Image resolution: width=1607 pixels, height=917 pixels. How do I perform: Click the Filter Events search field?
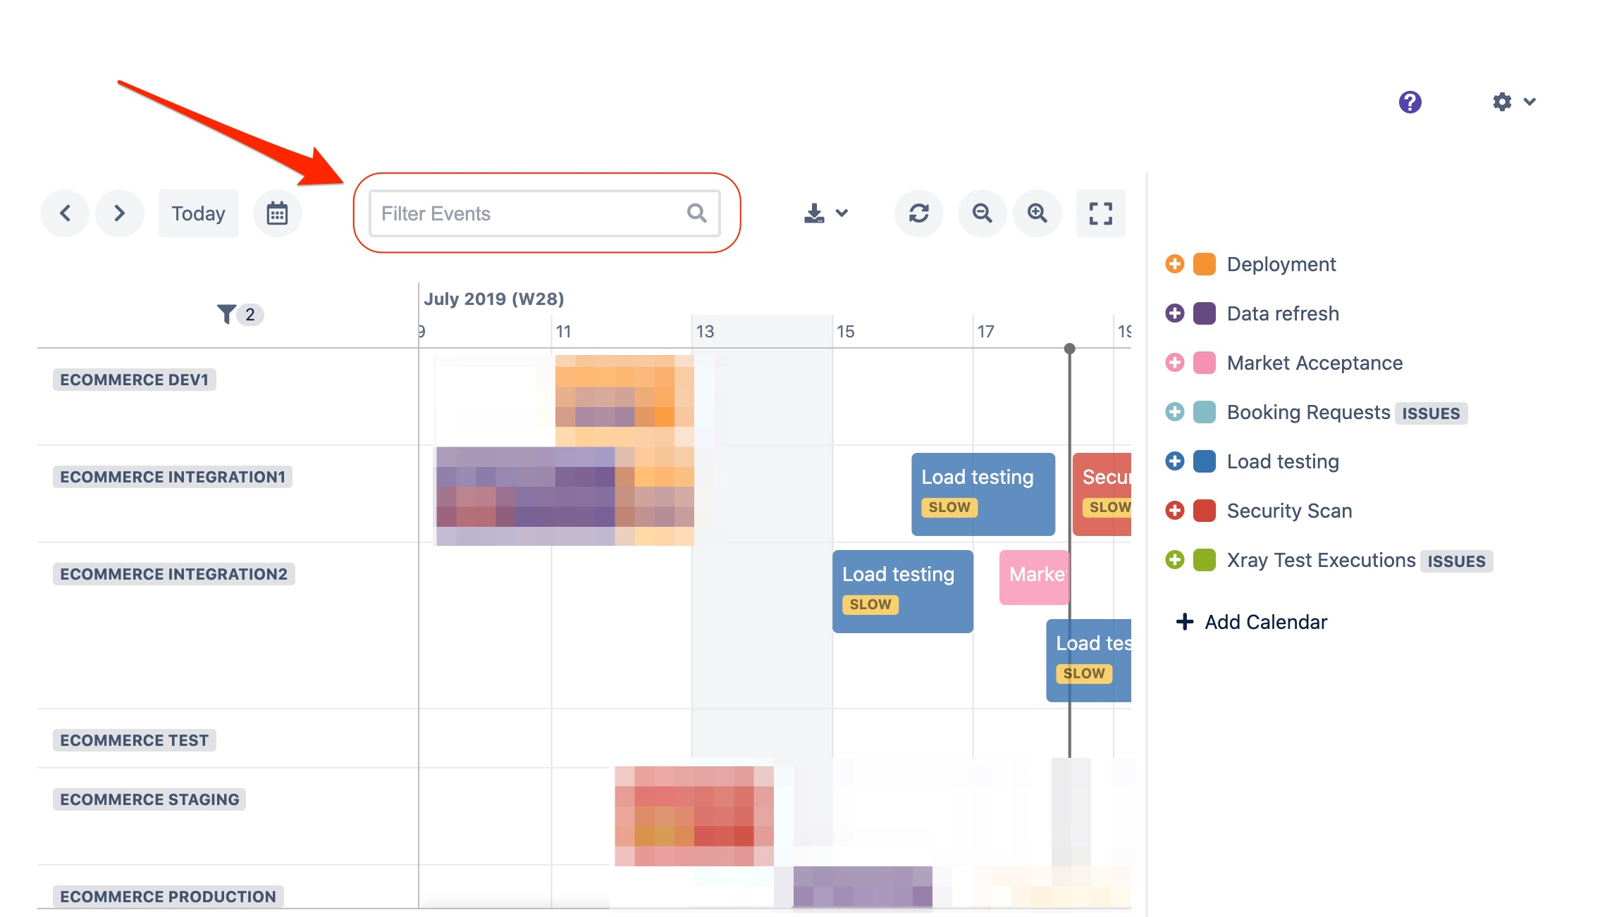pyautogui.click(x=532, y=213)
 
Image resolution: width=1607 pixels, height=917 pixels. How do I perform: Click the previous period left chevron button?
pyautogui.click(x=65, y=213)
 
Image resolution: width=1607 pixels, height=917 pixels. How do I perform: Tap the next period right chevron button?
pyautogui.click(x=120, y=213)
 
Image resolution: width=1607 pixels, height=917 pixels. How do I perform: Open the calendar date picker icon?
pyautogui.click(x=277, y=213)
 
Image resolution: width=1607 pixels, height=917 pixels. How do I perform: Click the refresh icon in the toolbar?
pyautogui.click(x=918, y=213)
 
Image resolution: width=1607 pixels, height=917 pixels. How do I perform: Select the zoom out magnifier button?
pyautogui.click(x=982, y=213)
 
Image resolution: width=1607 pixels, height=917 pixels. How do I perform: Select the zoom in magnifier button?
pyautogui.click(x=1037, y=213)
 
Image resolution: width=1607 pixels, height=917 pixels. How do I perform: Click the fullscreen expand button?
pyautogui.click(x=1100, y=213)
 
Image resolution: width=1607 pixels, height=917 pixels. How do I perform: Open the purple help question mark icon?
pyautogui.click(x=1410, y=102)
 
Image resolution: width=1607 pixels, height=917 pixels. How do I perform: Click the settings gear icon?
pyautogui.click(x=1502, y=102)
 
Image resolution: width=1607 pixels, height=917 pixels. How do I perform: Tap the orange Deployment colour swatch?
pyautogui.click(x=1204, y=264)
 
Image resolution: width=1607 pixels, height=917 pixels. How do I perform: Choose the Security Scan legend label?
pyautogui.click(x=1289, y=511)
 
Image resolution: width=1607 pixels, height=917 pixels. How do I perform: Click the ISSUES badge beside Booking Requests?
pyautogui.click(x=1430, y=413)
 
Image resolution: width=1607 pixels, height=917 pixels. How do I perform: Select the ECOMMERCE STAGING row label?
pyautogui.click(x=149, y=799)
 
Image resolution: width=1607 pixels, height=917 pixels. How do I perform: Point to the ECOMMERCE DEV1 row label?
pyautogui.click(x=134, y=380)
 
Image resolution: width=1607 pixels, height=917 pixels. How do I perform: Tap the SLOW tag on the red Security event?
pyautogui.click(x=1109, y=507)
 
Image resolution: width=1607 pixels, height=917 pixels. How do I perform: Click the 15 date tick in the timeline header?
pyautogui.click(x=845, y=331)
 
